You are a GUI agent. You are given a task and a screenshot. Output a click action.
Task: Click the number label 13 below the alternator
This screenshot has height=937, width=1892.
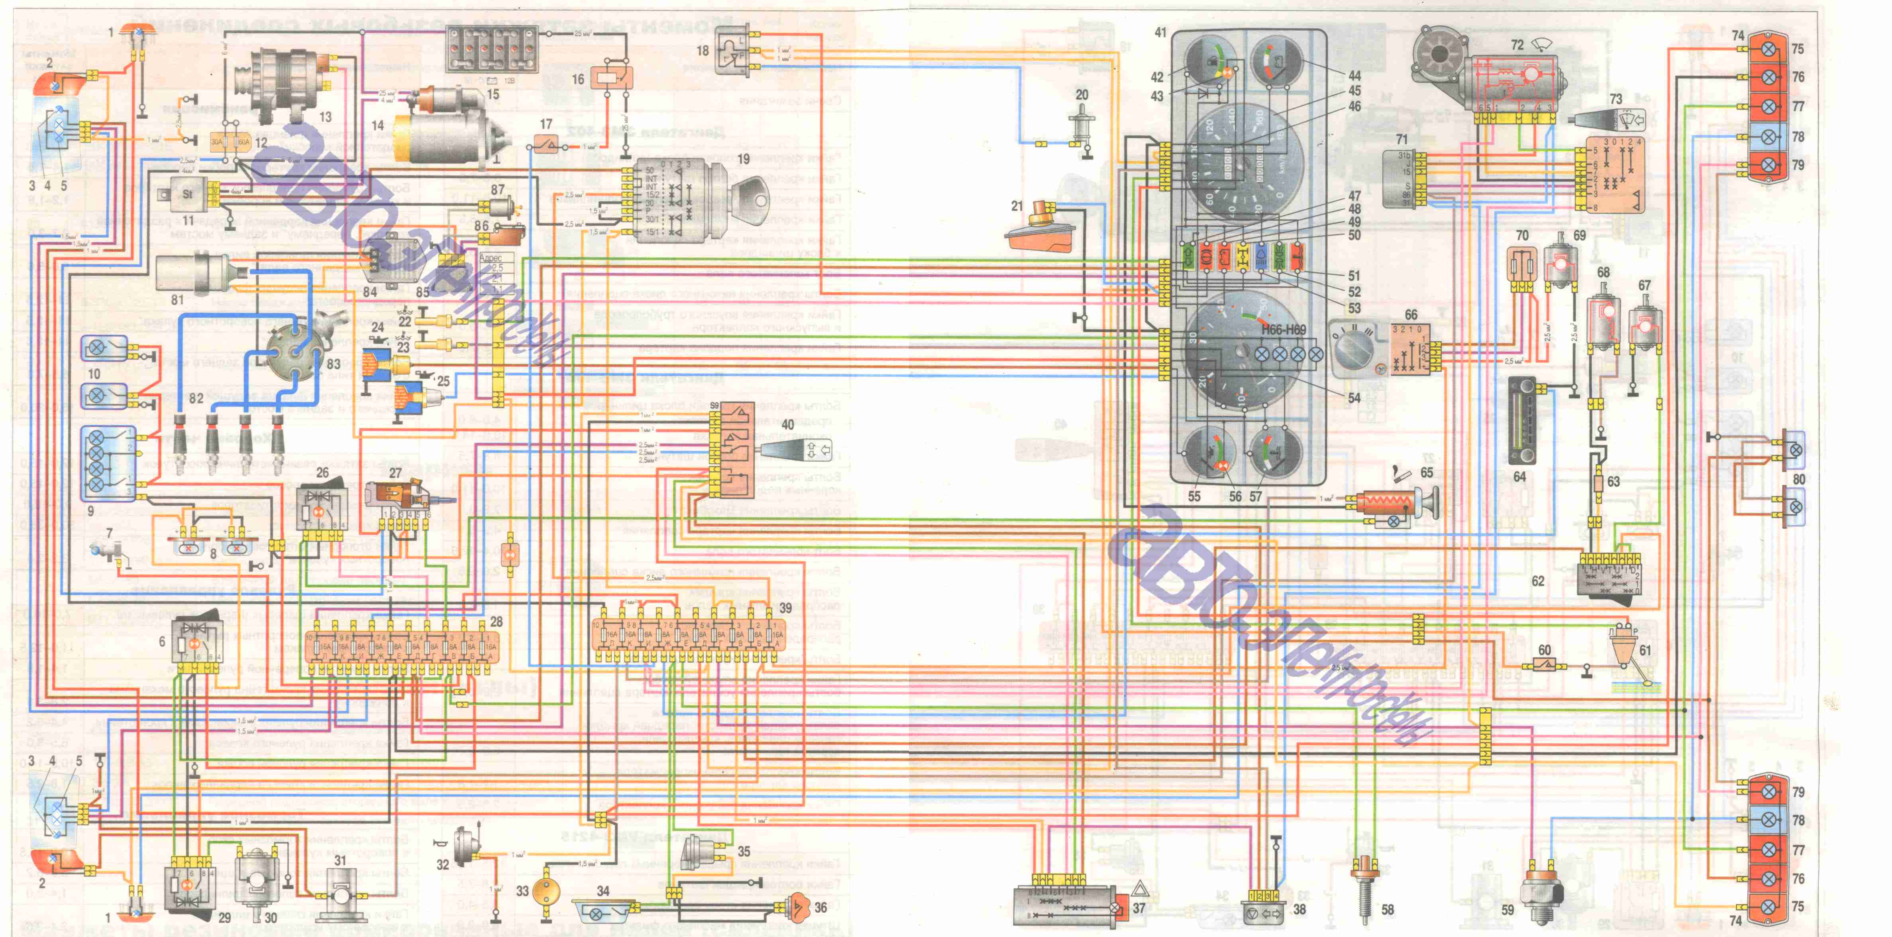[x=325, y=117]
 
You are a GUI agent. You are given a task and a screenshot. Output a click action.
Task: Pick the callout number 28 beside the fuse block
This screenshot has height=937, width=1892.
[x=497, y=622]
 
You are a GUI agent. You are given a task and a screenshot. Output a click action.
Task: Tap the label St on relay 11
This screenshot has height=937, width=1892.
[x=187, y=194]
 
